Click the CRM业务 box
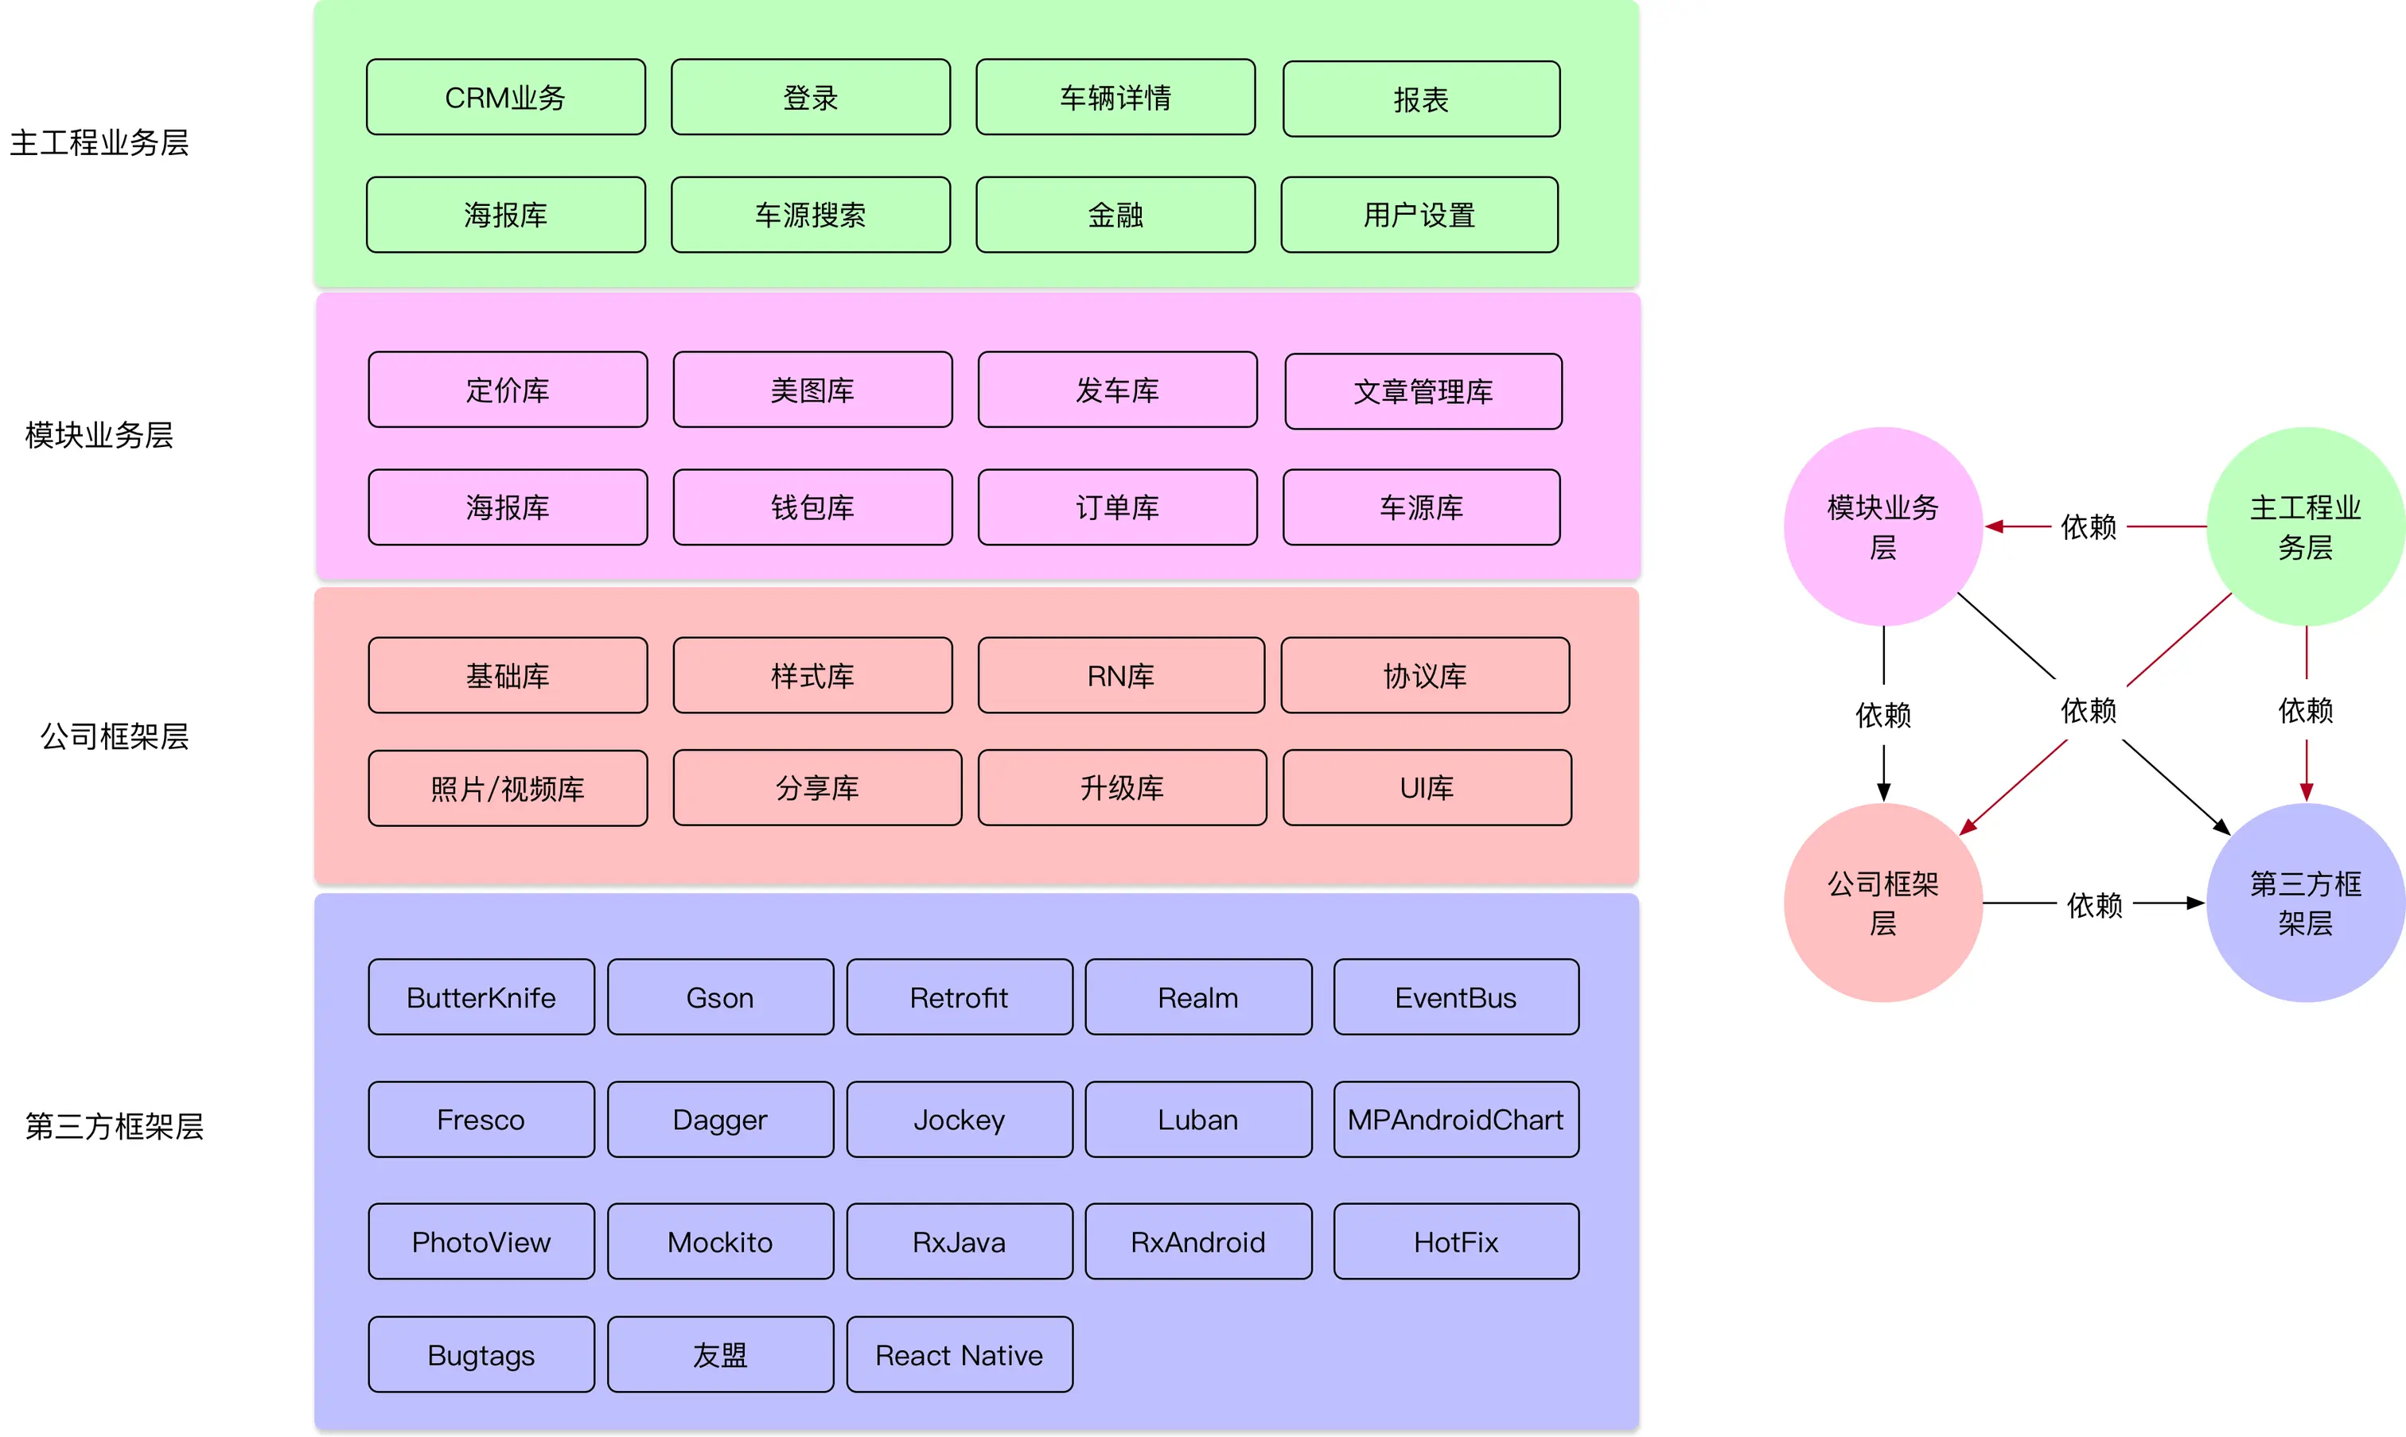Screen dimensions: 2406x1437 pos(505,97)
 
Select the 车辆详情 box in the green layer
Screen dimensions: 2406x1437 pos(1115,97)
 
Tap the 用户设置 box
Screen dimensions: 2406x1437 pos(1419,214)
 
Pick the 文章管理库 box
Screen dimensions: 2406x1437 pos(1423,391)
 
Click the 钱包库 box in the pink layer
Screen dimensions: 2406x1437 pos(812,507)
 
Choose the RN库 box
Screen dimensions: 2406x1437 pos(1121,675)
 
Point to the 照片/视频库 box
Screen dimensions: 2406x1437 pos(508,788)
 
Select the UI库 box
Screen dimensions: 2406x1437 pos(1427,787)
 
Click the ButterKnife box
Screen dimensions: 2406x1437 pos(481,996)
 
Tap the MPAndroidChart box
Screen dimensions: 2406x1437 pos(1456,1120)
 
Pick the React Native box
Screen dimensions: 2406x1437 pos(959,1354)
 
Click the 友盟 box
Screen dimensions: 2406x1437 pos(721,1354)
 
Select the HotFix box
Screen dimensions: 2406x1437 pos(1456,1241)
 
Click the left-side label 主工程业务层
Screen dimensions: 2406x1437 pos(99,142)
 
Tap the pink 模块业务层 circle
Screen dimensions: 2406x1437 pos(1883,526)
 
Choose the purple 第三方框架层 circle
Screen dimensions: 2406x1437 pos(2305,903)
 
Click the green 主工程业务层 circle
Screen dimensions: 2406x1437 pos(2305,526)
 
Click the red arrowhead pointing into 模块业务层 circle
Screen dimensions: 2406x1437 pos(1993,526)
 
